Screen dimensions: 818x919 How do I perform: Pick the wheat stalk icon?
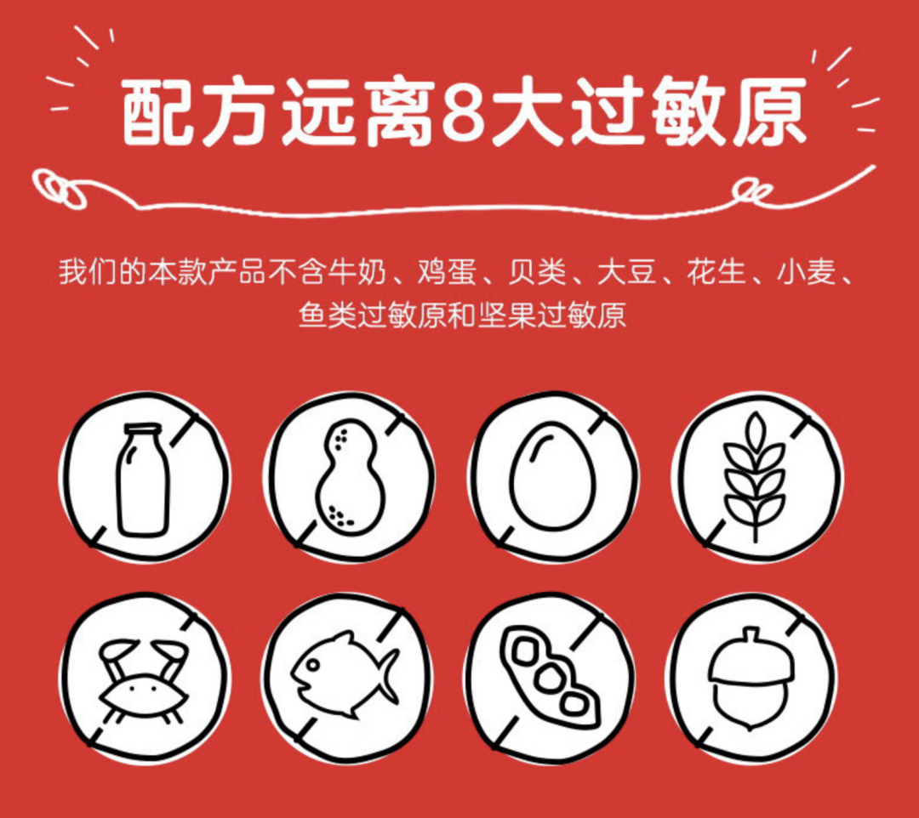point(754,476)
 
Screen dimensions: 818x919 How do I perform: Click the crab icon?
point(142,681)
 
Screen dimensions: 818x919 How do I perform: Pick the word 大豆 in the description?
point(620,275)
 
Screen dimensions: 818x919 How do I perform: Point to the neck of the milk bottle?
point(142,442)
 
